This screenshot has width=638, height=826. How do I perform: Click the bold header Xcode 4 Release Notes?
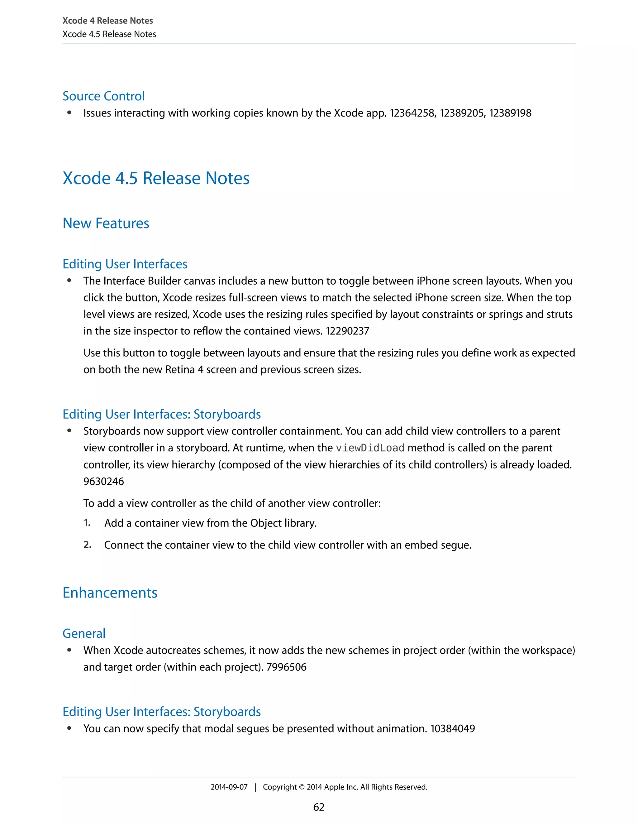click(108, 21)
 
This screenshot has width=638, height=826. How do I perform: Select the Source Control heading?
click(103, 96)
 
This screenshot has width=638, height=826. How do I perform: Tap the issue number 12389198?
click(510, 113)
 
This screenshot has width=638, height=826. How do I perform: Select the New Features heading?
click(106, 223)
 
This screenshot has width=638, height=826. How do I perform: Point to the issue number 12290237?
click(347, 331)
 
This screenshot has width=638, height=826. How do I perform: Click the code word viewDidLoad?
click(370, 448)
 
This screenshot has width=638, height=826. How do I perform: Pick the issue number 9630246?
click(103, 482)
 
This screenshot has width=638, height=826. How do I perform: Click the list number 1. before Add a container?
click(87, 523)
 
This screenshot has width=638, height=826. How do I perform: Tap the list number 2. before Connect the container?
click(87, 545)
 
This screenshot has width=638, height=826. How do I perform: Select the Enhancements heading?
click(110, 593)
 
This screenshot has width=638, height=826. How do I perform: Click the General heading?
click(84, 633)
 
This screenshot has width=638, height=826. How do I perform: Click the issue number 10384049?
click(452, 728)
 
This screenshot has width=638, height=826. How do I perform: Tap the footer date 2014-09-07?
click(229, 787)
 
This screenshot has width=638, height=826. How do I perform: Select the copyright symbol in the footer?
click(302, 787)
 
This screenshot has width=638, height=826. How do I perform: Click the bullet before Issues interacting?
click(69, 113)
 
